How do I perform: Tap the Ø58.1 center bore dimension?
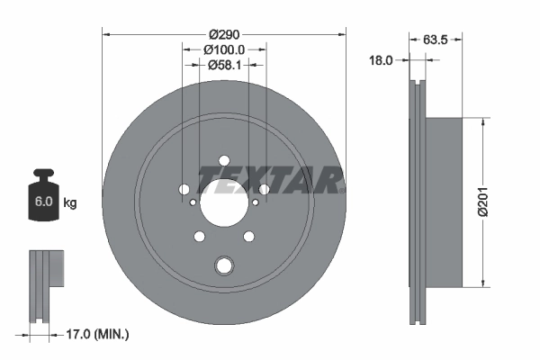(224, 65)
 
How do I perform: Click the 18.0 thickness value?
(382, 60)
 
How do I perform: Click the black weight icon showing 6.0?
(42, 194)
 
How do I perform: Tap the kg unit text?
(70, 202)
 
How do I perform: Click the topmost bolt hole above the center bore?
(224, 161)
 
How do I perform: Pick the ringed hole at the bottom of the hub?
(224, 265)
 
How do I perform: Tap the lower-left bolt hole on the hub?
(198, 238)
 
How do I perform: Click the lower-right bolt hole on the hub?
(250, 238)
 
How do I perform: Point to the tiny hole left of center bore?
(184, 190)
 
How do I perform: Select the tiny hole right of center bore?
(264, 190)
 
